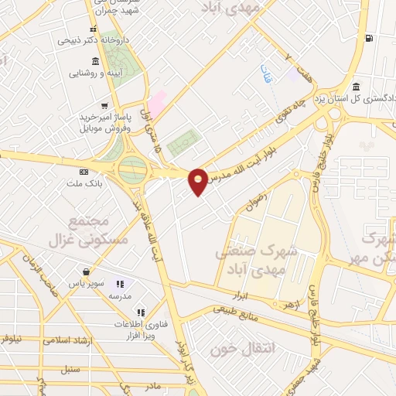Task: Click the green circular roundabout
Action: pos(132,168)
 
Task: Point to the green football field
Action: pos(183,142)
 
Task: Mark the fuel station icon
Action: pos(370,38)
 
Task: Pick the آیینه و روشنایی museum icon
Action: pos(95,61)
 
